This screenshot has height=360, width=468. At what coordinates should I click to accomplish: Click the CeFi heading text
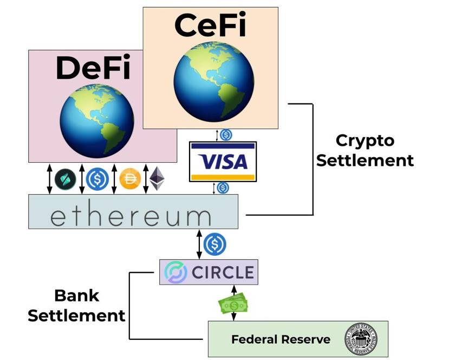click(x=211, y=25)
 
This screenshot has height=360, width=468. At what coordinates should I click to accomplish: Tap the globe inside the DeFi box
click(x=96, y=120)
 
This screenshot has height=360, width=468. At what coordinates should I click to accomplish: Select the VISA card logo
click(x=223, y=162)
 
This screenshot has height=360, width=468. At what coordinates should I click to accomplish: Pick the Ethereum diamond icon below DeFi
click(x=157, y=178)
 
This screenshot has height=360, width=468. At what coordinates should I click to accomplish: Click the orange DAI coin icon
click(x=130, y=178)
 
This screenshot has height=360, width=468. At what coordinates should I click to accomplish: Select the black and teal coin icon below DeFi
click(x=66, y=178)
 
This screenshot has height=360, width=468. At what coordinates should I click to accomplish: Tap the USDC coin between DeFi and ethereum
click(x=97, y=178)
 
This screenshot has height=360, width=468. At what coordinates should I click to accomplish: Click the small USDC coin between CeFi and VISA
click(x=225, y=135)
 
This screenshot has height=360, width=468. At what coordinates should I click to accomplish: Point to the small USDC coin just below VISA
click(x=223, y=188)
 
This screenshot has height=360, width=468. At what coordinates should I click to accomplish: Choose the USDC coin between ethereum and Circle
click(x=214, y=245)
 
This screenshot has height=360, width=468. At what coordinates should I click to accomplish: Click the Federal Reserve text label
click(x=281, y=340)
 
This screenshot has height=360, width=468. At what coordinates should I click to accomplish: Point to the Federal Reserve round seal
click(x=361, y=340)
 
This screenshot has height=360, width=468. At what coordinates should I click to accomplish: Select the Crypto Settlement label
click(x=365, y=150)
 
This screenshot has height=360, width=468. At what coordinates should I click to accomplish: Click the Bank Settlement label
click(x=76, y=305)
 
